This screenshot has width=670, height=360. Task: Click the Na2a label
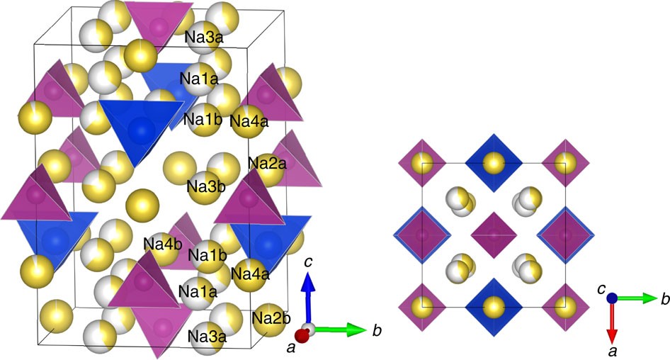pyautogui.click(x=267, y=164)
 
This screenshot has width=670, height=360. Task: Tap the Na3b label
pyautogui.click(x=206, y=187)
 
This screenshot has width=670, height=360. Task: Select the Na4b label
pyautogui.click(x=163, y=244)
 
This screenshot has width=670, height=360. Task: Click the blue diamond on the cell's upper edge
pyautogui.click(x=493, y=162)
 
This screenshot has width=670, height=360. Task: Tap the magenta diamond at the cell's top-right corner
pyautogui.click(x=564, y=162)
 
